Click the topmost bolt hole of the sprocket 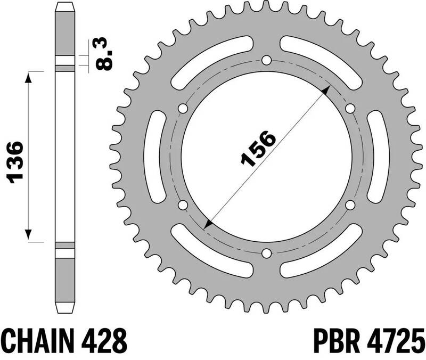pos(267,59)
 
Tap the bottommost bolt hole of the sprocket pos(267,253)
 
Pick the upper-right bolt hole pos(350,108)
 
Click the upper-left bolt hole pos(183,108)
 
